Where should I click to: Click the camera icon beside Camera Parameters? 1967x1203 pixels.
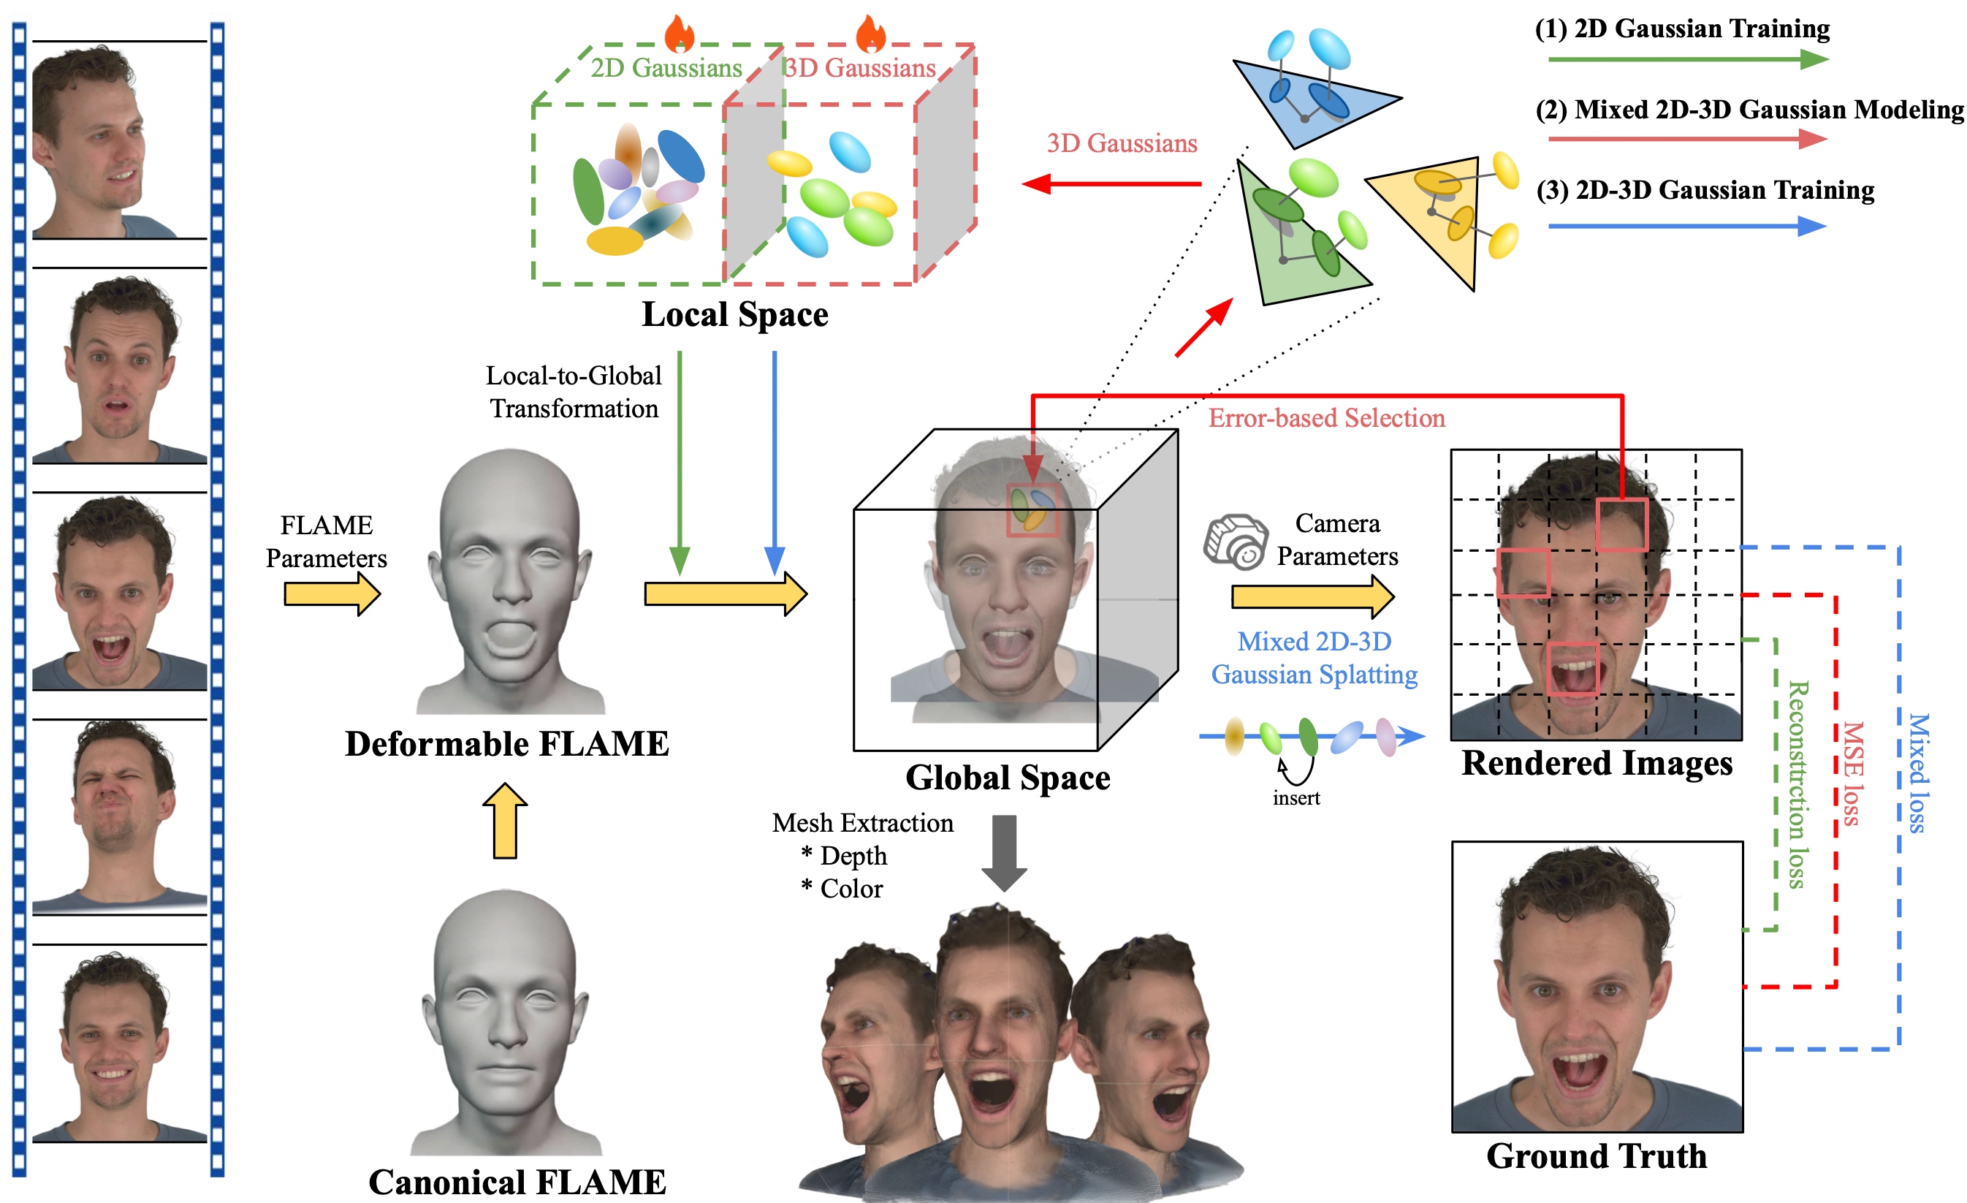click(x=1236, y=542)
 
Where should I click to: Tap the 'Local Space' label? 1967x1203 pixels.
click(x=734, y=314)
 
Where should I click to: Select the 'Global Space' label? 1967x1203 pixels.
click(x=1008, y=778)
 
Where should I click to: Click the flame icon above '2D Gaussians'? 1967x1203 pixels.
click(x=680, y=34)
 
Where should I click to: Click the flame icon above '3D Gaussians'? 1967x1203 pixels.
click(x=870, y=34)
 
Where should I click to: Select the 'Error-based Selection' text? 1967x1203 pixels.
click(x=1326, y=418)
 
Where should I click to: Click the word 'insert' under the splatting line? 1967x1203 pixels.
click(x=1296, y=798)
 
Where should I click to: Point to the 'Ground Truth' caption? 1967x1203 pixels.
click(x=1596, y=1156)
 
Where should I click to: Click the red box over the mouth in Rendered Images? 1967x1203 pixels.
click(x=1572, y=669)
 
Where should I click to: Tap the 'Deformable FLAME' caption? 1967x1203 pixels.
click(x=507, y=744)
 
